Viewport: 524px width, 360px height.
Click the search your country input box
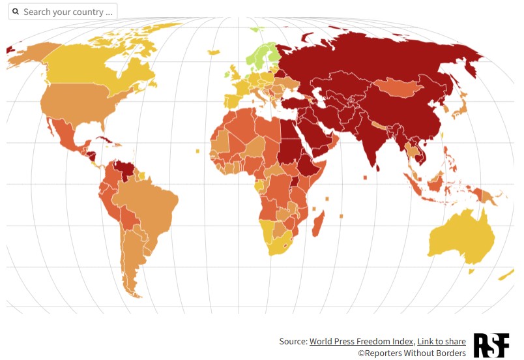pyautogui.click(x=68, y=12)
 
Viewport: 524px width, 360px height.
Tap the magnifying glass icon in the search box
pyautogui.click(x=16, y=12)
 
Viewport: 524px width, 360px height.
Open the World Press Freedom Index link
pyautogui.click(x=361, y=341)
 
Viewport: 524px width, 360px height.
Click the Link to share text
pyautogui.click(x=441, y=341)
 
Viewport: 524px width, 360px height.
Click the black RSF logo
pyautogui.click(x=491, y=345)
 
